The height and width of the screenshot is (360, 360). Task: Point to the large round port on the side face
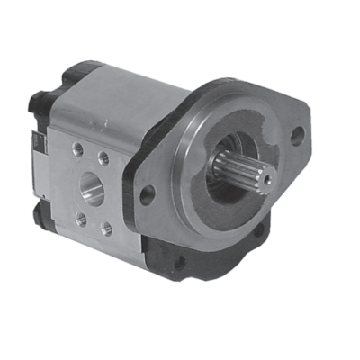coord(92,188)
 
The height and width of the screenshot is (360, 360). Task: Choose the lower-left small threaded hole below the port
coord(82,219)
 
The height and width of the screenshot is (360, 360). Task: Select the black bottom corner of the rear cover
coord(41,216)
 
